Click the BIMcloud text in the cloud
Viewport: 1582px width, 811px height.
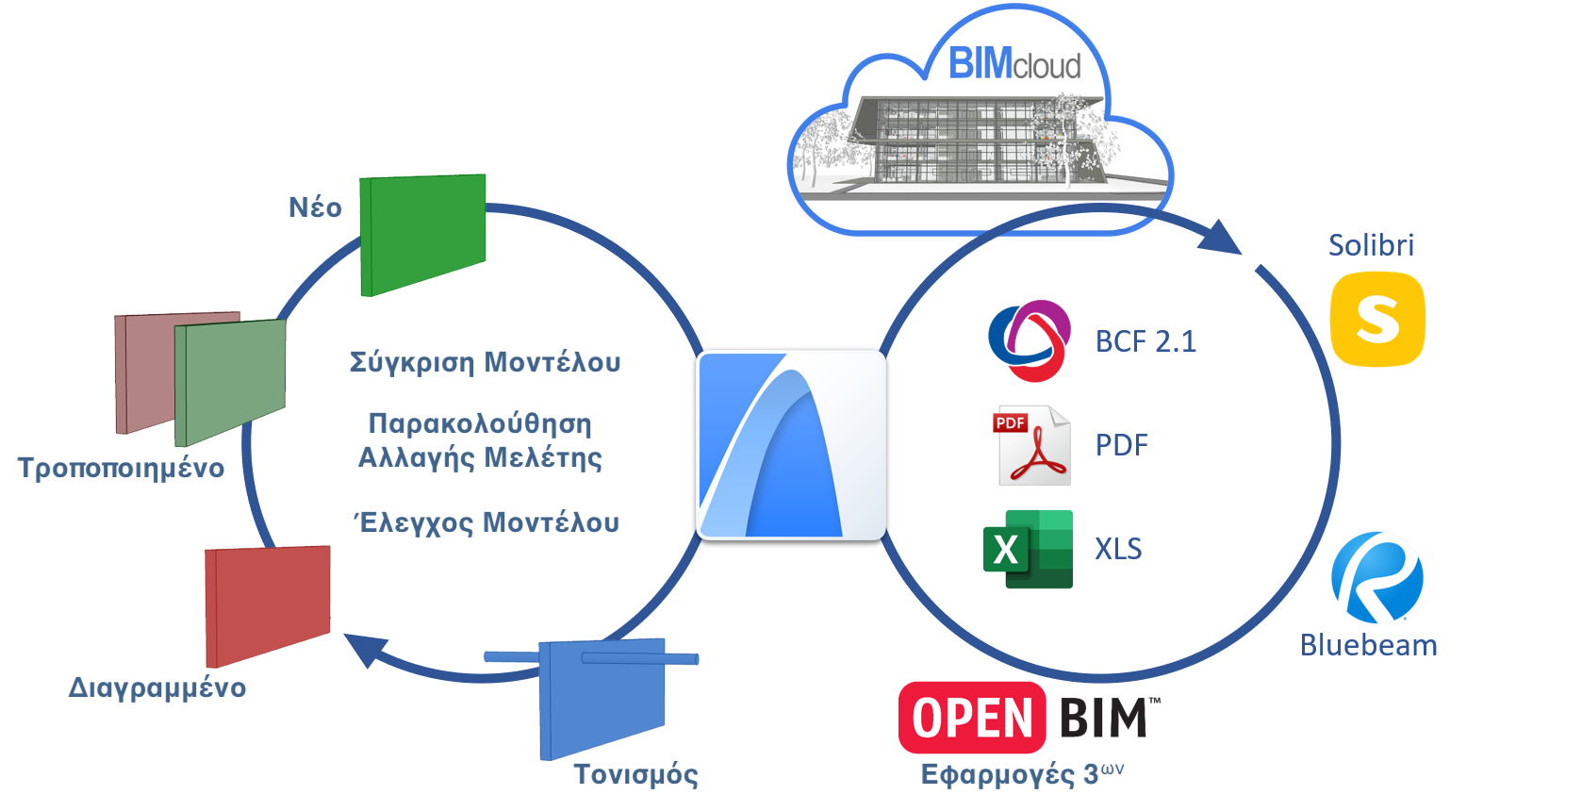coord(1014,64)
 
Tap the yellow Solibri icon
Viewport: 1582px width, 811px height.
coord(1377,319)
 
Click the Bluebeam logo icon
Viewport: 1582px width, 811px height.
coord(1376,577)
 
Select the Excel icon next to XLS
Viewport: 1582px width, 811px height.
coord(1028,549)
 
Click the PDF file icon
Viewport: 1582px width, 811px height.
coord(1033,445)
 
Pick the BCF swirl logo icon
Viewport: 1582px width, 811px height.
coord(1030,340)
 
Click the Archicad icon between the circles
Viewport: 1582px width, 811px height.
coord(791,445)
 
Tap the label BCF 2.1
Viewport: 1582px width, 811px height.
coord(1145,341)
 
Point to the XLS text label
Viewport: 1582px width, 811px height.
coord(1118,549)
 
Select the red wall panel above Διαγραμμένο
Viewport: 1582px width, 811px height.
coord(268,605)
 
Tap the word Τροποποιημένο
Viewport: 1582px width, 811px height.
coord(121,469)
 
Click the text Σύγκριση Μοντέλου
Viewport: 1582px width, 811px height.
coord(485,363)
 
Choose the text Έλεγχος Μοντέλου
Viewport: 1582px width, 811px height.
coord(486,523)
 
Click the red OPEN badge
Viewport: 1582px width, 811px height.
coord(972,718)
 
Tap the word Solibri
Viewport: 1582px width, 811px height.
coord(1371,245)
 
